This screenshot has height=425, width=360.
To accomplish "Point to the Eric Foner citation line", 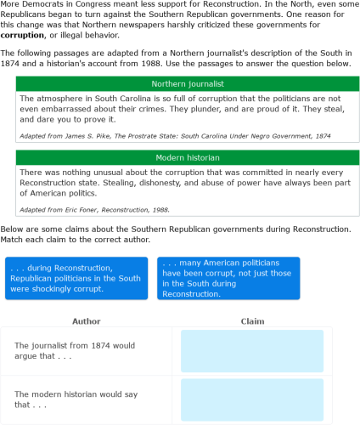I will pos(94,209).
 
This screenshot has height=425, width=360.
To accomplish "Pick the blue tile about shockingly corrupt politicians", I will pos(76,279).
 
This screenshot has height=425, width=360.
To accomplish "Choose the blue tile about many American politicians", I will pos(228,279).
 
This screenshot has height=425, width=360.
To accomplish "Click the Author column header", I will pos(87,321).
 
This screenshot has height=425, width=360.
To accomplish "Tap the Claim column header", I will pos(252,321).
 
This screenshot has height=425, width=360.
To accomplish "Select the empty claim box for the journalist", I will pos(252,351).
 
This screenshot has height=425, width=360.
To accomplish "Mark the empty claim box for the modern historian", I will pos(252,399).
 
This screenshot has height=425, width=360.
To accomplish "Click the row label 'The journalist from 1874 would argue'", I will pos(75,351).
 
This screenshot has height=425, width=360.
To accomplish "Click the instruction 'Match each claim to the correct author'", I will pos(76,240).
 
